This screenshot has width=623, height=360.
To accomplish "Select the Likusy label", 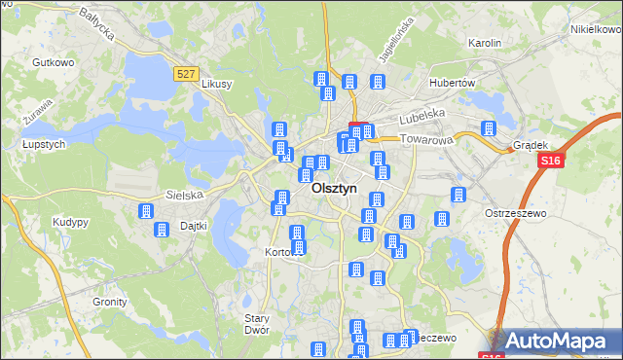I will [216, 84].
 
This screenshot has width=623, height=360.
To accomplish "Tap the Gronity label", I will [110, 302].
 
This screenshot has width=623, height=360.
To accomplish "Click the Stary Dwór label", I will [257, 324].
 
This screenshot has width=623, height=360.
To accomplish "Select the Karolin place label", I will [484, 44].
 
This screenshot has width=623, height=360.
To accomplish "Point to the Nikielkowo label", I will [596, 29].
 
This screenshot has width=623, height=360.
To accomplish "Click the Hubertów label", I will [452, 83].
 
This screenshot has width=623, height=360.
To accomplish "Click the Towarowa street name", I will [428, 140].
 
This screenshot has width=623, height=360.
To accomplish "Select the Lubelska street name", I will [421, 114].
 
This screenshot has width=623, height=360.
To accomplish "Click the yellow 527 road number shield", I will [189, 73].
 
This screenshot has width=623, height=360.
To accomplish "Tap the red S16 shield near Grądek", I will [552, 162].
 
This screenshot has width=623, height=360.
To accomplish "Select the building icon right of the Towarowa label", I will [489, 128].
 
